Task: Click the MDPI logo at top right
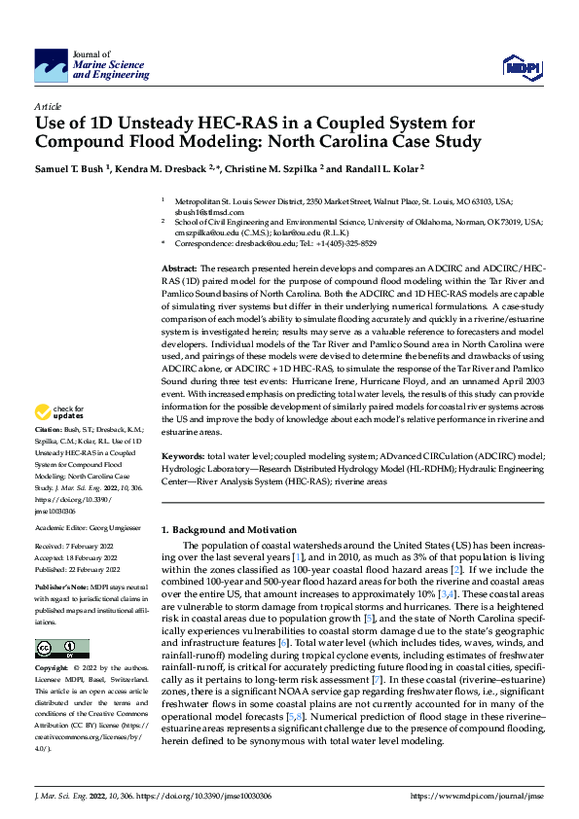(x=520, y=66)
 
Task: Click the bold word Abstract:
(x=179, y=267)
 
